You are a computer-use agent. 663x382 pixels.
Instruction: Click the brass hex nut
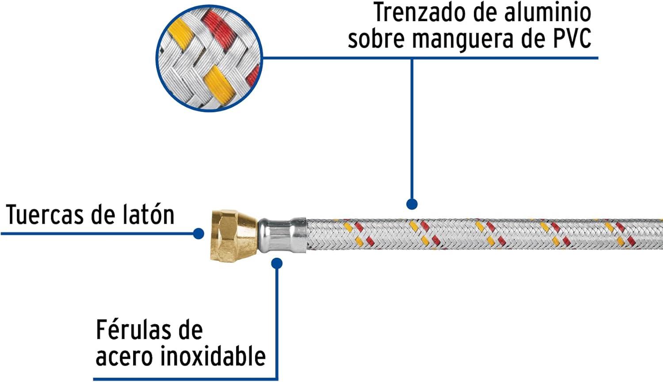pyautogui.click(x=234, y=235)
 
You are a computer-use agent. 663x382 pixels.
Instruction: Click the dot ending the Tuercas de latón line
pyautogui.click(x=198, y=233)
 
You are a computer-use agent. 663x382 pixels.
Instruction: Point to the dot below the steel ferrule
pyautogui.click(x=277, y=263)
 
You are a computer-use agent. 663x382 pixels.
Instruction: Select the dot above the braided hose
pyautogui.click(x=412, y=204)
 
